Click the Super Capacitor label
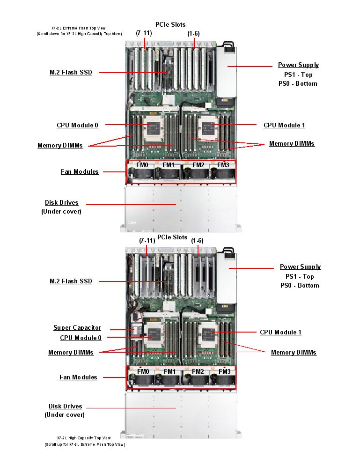pyautogui.click(x=77, y=328)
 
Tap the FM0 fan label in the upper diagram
pyautogui.click(x=142, y=165)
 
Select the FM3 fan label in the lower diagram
pyautogui.click(x=224, y=371)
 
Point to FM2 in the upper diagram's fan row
pyautogui.click(x=198, y=165)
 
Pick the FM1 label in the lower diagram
pyautogui.click(x=170, y=371)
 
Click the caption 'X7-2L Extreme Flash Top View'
pyautogui.click(x=79, y=28)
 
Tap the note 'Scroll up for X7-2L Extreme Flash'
pyautogui.click(x=85, y=444)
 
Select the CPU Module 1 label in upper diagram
pyautogui.click(x=284, y=125)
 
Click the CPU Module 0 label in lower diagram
pyautogui.click(x=81, y=338)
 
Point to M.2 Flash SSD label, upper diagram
pyautogui.click(x=71, y=73)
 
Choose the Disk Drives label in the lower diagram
pyautogui.click(x=65, y=406)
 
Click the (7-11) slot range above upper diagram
pyautogui.click(x=144, y=33)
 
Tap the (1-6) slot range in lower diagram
pyautogui.click(x=197, y=240)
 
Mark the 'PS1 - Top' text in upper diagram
pyautogui.click(x=298, y=74)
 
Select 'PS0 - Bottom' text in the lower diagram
pyautogui.click(x=300, y=285)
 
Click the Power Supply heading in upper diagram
pyautogui.click(x=298, y=65)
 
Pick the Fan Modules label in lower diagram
pyautogui.click(x=78, y=377)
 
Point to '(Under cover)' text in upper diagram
pyautogui.click(x=61, y=211)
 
